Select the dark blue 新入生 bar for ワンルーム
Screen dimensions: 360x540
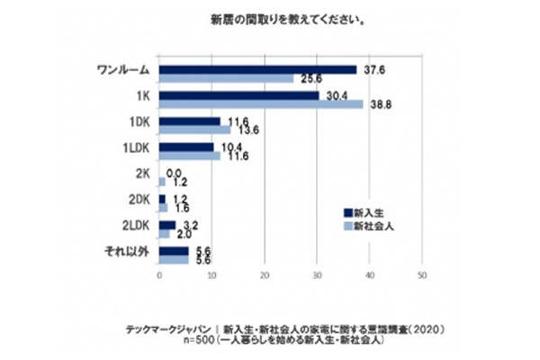pos(257,69)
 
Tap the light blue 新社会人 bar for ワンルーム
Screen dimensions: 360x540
pos(226,78)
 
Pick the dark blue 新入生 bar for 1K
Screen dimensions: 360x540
pos(238,94)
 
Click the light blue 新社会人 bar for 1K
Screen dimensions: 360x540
pos(261,104)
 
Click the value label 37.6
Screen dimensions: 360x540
pos(370,68)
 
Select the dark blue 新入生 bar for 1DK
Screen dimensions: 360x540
pos(189,121)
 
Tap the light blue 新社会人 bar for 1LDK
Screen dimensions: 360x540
pos(189,156)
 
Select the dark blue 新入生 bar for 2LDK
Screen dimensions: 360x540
pos(166,225)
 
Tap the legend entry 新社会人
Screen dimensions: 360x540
pos(373,225)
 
